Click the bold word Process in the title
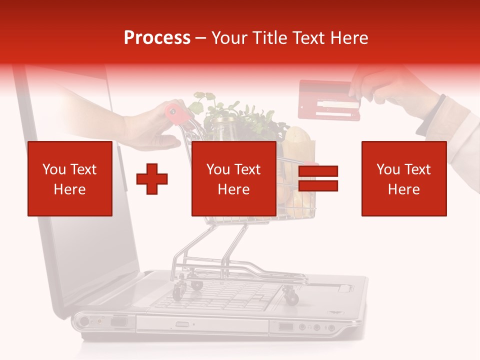157,37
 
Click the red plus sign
152,178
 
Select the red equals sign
318,178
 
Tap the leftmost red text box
70,178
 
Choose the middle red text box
233,178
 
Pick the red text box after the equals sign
403,178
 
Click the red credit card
328,100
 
